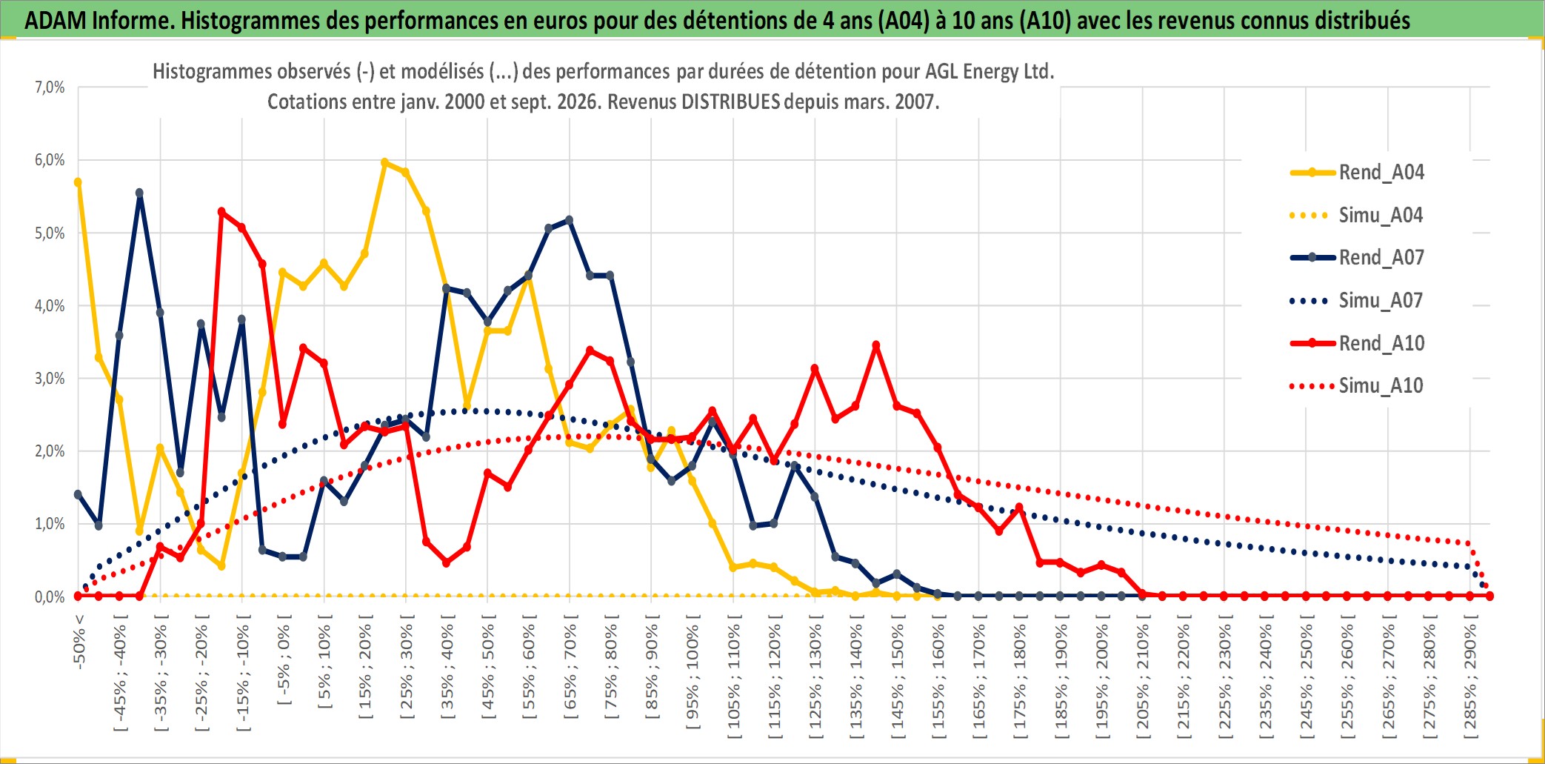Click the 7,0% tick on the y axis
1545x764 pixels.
[x=50, y=87]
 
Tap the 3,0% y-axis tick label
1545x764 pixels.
[x=50, y=379]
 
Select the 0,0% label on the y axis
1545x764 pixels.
[x=50, y=597]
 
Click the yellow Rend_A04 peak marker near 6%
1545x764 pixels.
[x=384, y=162]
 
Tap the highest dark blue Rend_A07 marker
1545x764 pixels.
[x=139, y=193]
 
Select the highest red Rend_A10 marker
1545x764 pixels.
[x=221, y=212]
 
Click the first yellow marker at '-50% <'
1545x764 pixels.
[x=78, y=182]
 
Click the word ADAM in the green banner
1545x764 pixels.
[x=55, y=20]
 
